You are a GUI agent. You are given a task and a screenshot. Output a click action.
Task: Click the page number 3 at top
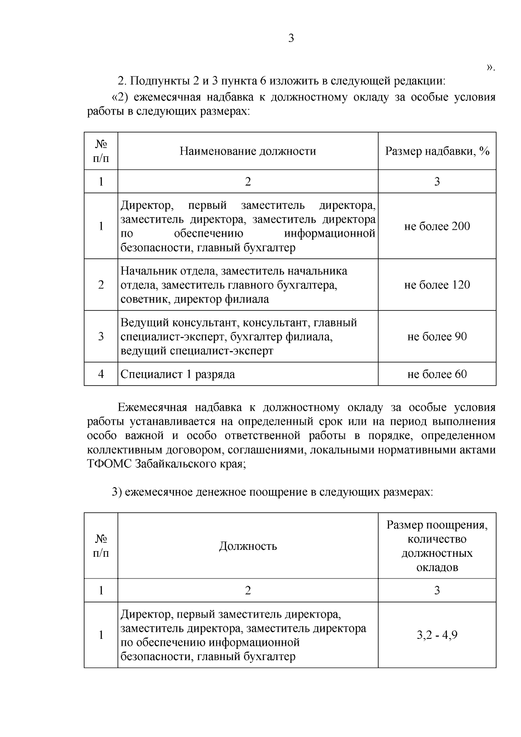pyautogui.click(x=291, y=39)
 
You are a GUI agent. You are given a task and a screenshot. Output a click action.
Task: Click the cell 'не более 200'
pyautogui.click(x=437, y=226)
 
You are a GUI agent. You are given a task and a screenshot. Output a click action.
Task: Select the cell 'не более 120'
pyautogui.click(x=437, y=285)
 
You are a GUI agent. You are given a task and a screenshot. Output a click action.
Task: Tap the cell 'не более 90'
pyautogui.click(x=437, y=337)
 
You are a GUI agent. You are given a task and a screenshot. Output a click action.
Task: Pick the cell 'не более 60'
pyautogui.click(x=437, y=374)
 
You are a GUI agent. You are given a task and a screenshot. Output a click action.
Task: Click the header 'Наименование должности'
pyautogui.click(x=248, y=151)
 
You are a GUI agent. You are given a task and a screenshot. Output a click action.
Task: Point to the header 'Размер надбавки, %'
pyautogui.click(x=437, y=151)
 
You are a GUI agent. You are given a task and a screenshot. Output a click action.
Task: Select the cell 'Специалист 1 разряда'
pyautogui.click(x=178, y=374)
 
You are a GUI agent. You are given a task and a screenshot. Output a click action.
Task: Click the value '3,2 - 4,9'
pyautogui.click(x=437, y=635)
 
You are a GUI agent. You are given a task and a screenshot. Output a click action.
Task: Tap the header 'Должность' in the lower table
pyautogui.click(x=248, y=546)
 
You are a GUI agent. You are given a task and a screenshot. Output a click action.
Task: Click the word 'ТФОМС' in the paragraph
pyautogui.click(x=109, y=463)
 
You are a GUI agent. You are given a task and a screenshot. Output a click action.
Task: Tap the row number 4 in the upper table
pyautogui.click(x=101, y=374)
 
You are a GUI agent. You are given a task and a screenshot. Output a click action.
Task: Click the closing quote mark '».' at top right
pyautogui.click(x=491, y=68)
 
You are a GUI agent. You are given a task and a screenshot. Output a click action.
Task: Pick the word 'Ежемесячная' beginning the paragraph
pyautogui.click(x=152, y=408)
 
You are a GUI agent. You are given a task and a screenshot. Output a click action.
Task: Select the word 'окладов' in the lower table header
pyautogui.click(x=437, y=567)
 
